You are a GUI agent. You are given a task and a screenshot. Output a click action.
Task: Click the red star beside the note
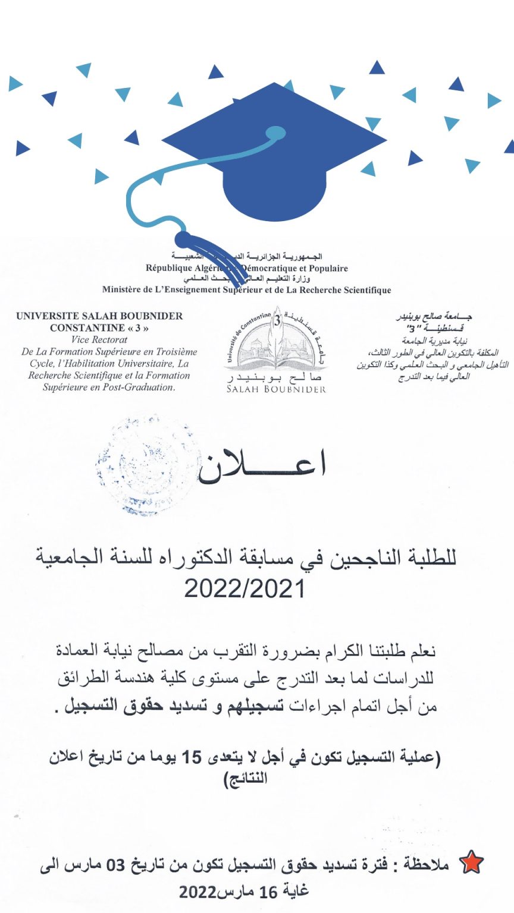(471, 864)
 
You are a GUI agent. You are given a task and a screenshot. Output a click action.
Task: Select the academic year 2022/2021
(245, 588)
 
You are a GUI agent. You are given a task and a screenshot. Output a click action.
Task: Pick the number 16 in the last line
(268, 892)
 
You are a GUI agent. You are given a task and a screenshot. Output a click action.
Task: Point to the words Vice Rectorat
(99, 340)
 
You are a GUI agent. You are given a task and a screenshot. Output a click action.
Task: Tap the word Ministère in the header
(122, 290)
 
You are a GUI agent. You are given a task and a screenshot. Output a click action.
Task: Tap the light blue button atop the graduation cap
(275, 133)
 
